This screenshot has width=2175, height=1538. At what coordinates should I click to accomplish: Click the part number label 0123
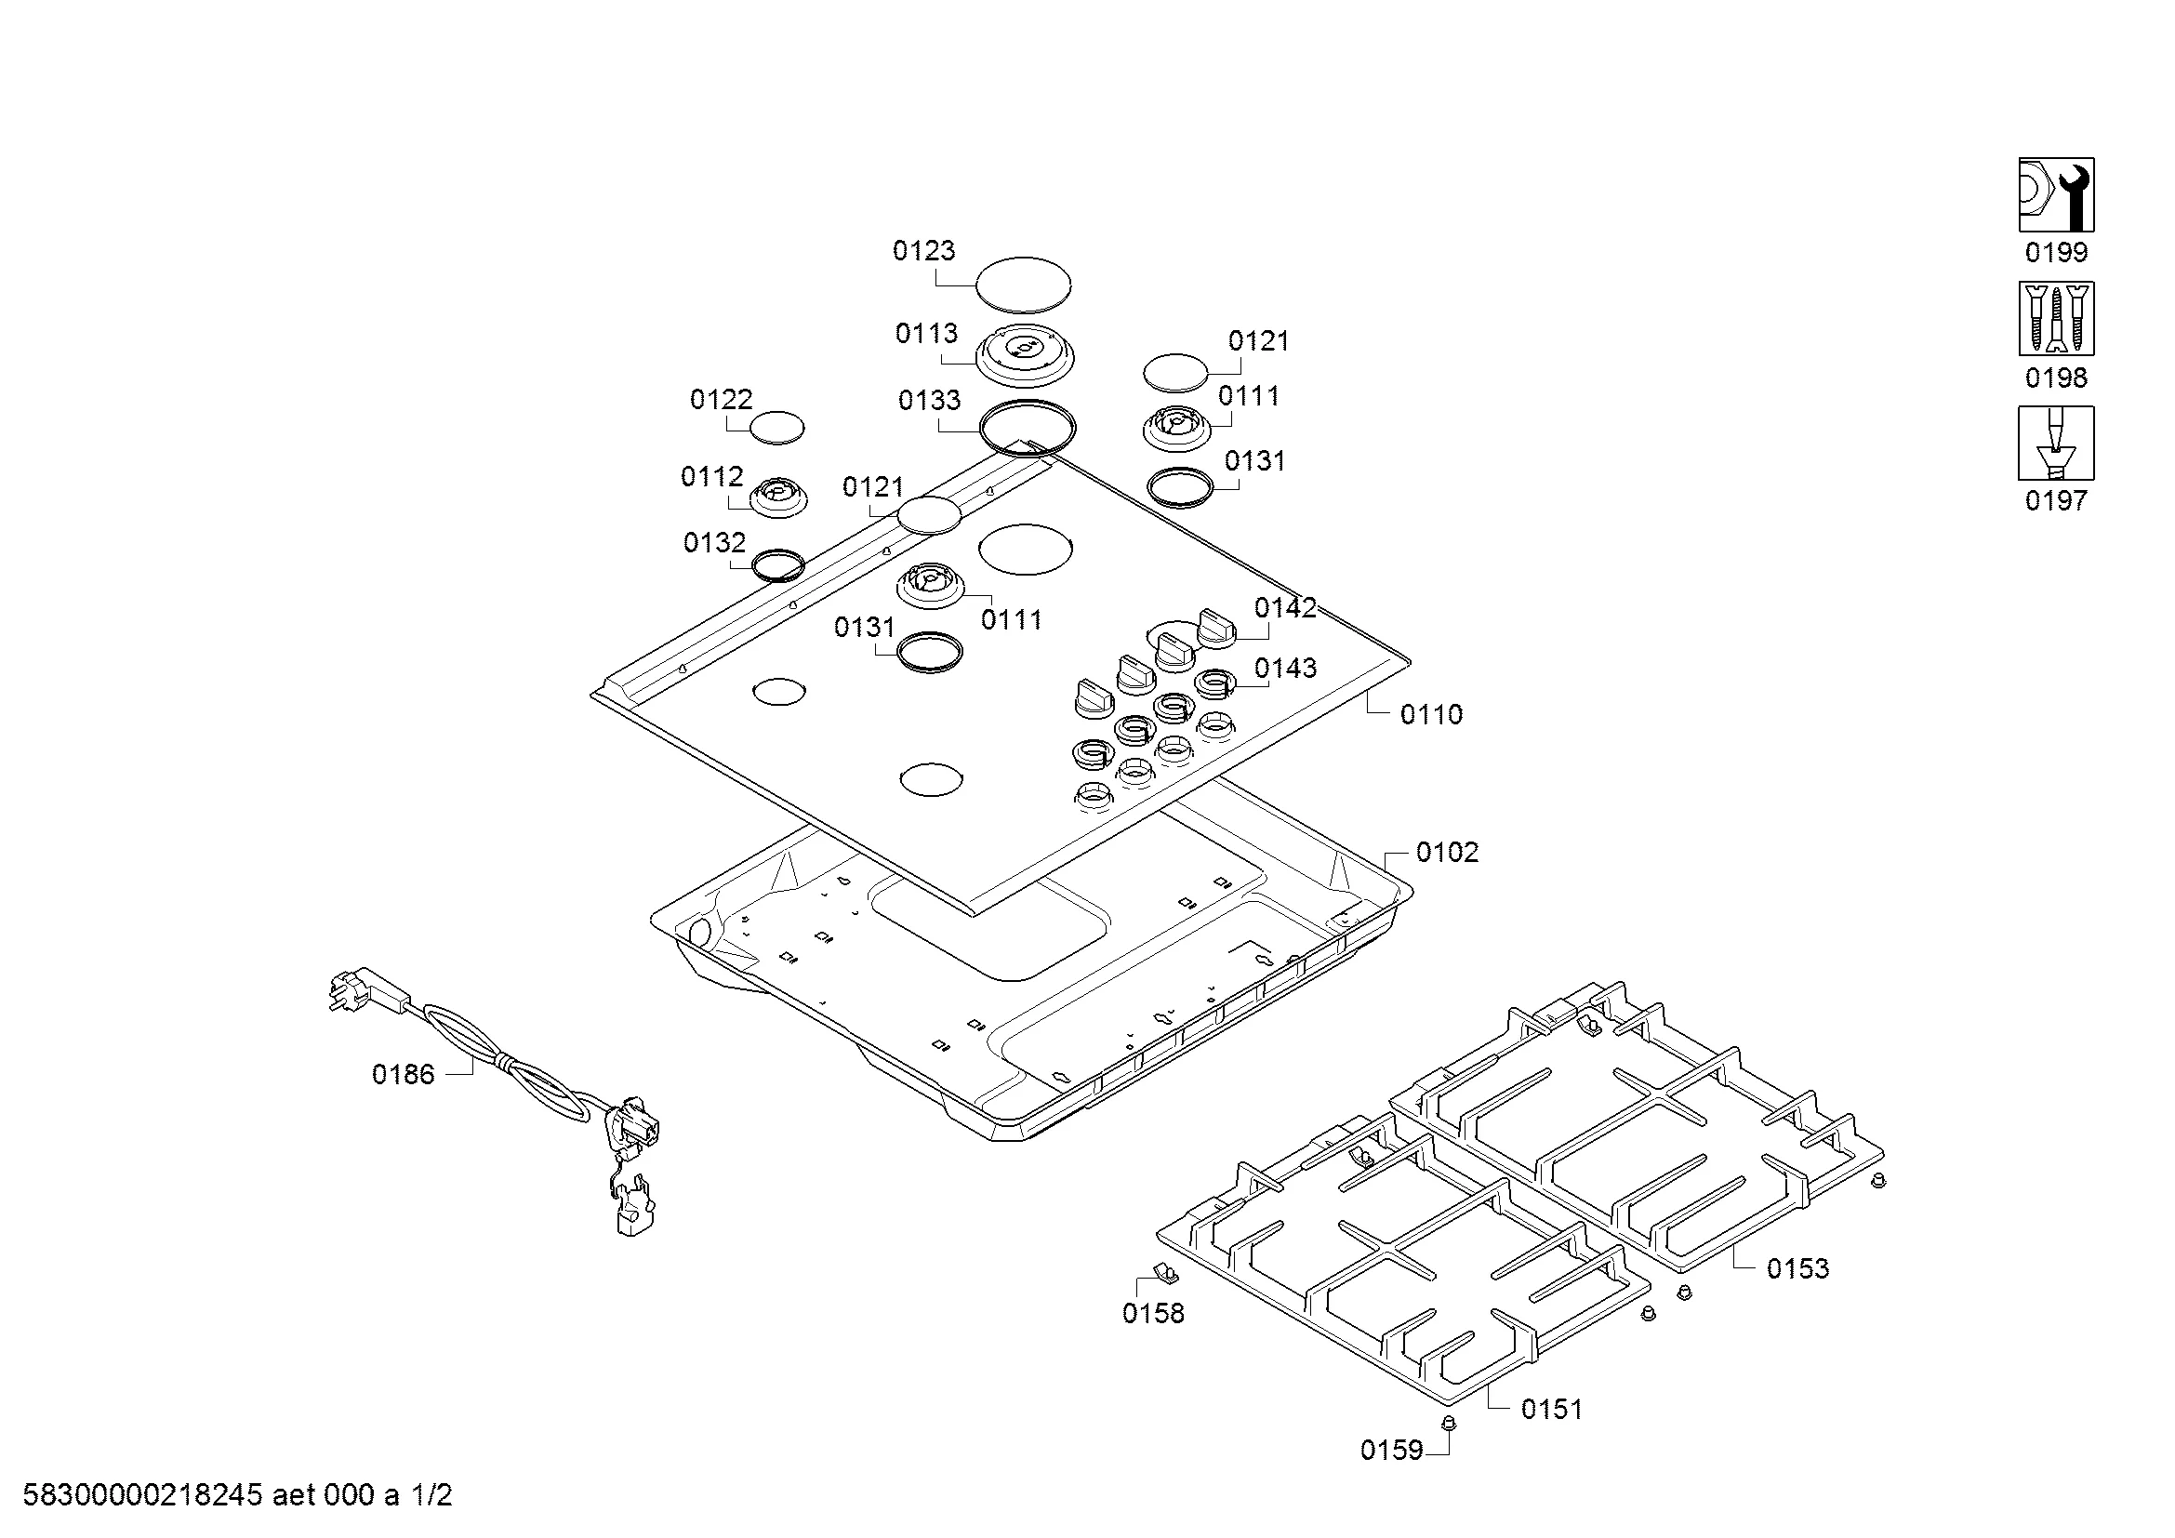(x=923, y=251)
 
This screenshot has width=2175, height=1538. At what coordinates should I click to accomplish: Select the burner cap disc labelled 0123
(x=1023, y=284)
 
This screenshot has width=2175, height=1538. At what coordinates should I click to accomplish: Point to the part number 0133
(x=929, y=401)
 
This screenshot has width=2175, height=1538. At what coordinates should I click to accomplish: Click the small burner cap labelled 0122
(x=776, y=428)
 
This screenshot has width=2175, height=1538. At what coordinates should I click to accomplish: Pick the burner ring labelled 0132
(x=777, y=565)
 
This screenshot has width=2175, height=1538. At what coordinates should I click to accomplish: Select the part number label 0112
(x=711, y=476)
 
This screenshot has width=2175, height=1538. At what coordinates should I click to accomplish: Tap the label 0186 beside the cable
(x=403, y=1075)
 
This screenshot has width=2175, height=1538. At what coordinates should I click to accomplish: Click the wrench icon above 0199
(x=2056, y=195)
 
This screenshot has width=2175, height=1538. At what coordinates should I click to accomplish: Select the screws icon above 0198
(x=2056, y=318)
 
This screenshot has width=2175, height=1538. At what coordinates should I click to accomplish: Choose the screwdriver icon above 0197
(x=2056, y=444)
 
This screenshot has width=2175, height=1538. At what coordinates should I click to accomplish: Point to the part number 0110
(x=1431, y=714)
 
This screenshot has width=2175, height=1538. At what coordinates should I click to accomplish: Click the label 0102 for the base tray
(x=1447, y=853)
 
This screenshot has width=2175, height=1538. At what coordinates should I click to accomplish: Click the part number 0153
(x=1797, y=1268)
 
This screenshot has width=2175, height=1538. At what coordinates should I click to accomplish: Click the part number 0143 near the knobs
(x=1285, y=669)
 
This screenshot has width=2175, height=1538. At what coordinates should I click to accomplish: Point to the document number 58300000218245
(x=142, y=1495)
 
